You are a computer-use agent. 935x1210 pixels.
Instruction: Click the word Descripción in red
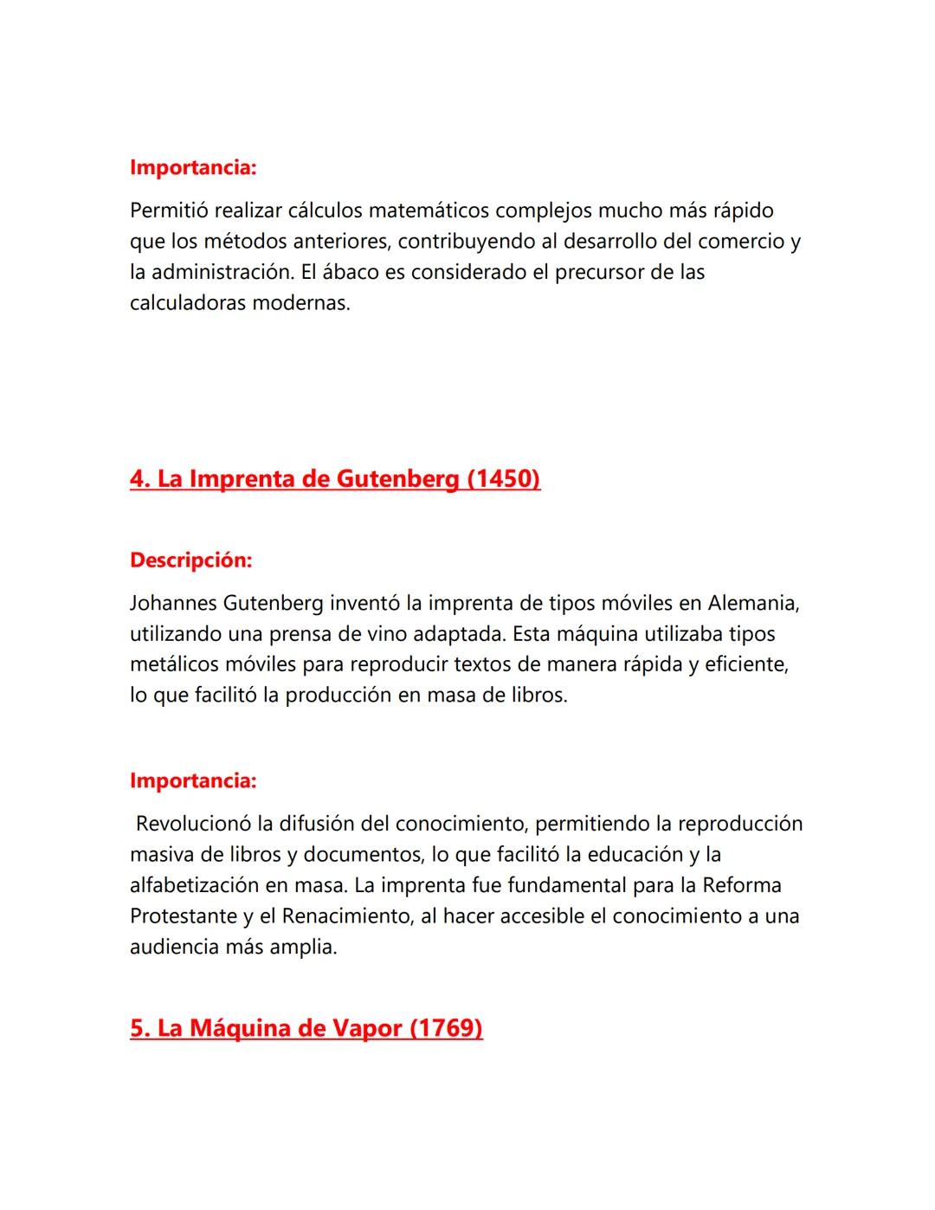190,560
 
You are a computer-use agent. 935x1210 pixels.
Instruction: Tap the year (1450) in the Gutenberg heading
503,479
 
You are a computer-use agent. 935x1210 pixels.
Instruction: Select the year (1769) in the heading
445,1028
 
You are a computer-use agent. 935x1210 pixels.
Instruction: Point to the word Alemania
753,603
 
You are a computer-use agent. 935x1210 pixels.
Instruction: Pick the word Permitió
169,210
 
